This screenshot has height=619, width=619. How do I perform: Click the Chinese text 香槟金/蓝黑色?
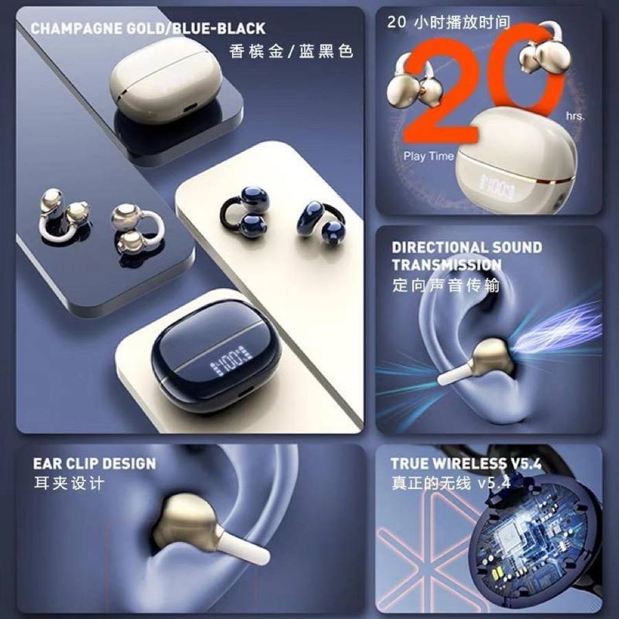coord(291,51)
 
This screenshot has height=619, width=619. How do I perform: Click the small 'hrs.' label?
coord(575,116)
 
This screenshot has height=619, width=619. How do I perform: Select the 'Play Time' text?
coord(428,156)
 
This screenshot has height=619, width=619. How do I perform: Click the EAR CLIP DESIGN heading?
coord(94,464)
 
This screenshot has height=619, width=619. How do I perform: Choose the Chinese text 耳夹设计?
coord(69,483)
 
